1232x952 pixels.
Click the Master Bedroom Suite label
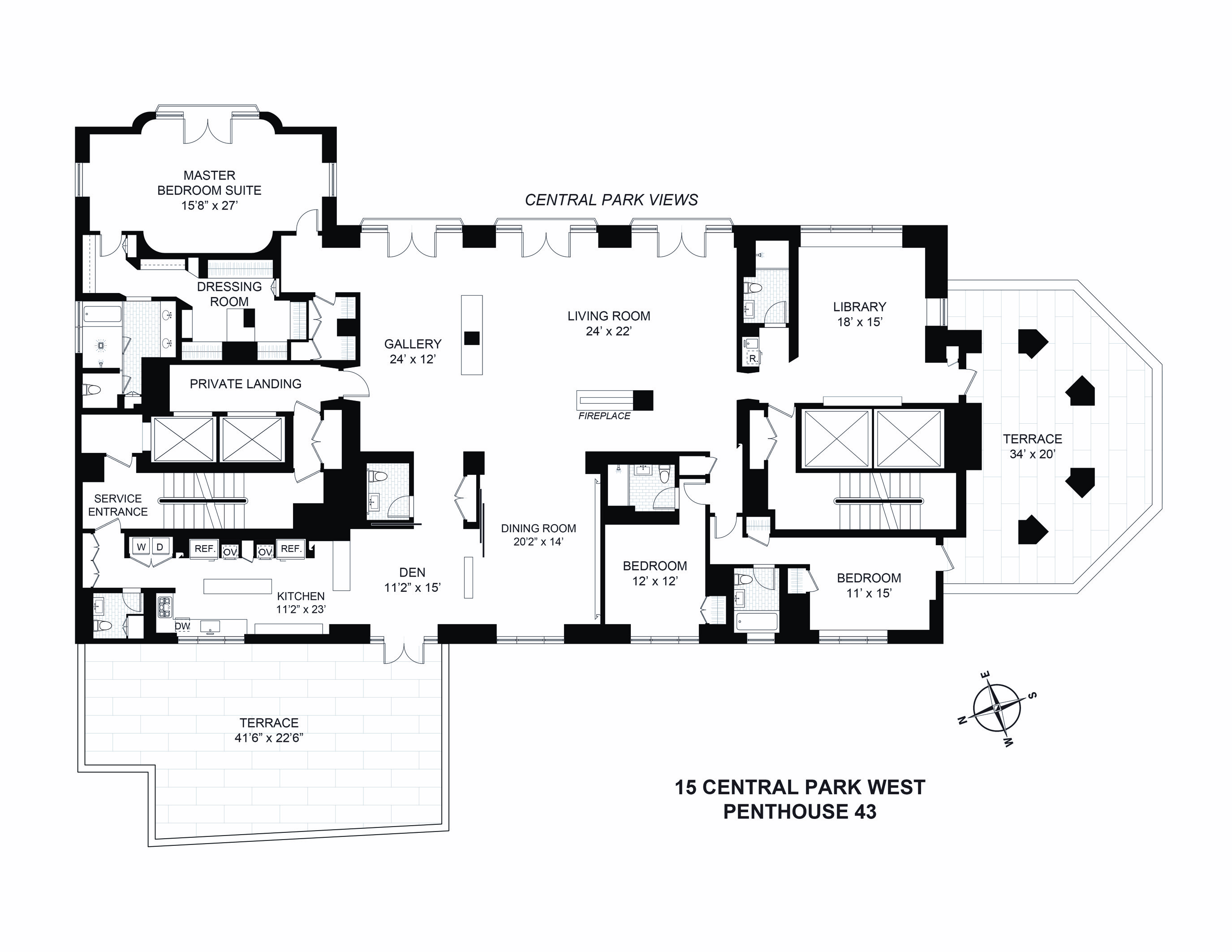[x=209, y=190]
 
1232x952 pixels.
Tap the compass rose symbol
[x=997, y=708]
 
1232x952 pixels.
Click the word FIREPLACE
[x=604, y=416]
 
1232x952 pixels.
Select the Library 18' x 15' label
[x=859, y=314]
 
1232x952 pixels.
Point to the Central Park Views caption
[x=612, y=200]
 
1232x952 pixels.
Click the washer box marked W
[x=141, y=547]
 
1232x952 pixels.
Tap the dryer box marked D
[x=159, y=547]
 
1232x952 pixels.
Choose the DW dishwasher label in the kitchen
[x=182, y=625]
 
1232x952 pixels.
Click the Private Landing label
[x=246, y=383]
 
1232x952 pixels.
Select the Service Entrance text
[x=117, y=505]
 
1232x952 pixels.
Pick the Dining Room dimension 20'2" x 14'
[x=538, y=542]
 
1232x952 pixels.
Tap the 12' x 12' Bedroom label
[x=655, y=573]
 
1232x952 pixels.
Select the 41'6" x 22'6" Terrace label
[x=269, y=730]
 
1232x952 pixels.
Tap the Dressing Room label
[x=229, y=294]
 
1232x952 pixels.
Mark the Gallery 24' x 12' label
[x=413, y=351]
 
